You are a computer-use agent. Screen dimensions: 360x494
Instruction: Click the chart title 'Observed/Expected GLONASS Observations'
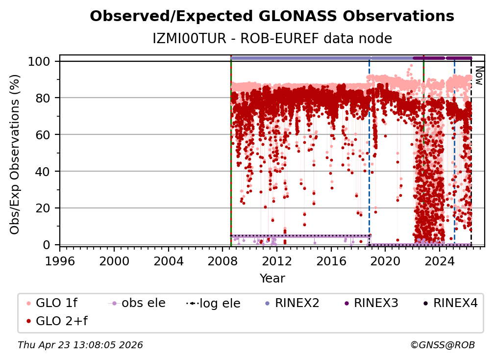pos(272,16)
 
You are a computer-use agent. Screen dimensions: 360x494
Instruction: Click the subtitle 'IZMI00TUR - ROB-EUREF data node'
pos(272,38)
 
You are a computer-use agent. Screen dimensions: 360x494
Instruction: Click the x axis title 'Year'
pos(272,279)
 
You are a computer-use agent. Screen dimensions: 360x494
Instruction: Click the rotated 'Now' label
pos(479,76)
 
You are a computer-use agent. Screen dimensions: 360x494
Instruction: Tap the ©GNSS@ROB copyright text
pos(442,345)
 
